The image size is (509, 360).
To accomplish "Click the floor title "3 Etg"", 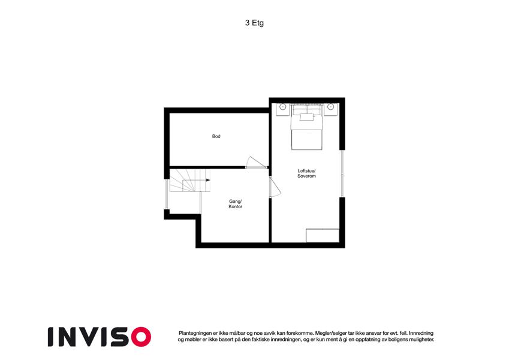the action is pos(254,23).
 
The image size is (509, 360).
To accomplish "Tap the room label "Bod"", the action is pos(216,136).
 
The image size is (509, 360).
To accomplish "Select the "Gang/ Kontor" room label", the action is pos(236,204).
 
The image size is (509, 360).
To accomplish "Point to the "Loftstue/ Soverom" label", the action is pos(306,173).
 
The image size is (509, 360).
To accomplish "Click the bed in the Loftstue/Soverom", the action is pos(306,127).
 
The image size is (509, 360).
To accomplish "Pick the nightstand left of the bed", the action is pos(282,109).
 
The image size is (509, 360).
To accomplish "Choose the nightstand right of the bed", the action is pos(330,109).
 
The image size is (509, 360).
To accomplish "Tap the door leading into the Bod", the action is pos(257,163).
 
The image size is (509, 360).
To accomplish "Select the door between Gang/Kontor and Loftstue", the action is pos(275,187).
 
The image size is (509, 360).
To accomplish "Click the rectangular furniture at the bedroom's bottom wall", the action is pos(323,236).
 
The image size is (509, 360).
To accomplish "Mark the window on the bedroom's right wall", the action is pos(342,173).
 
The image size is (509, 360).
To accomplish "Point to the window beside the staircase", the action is pos(167,194).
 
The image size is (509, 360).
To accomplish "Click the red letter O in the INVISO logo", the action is pos(141,337).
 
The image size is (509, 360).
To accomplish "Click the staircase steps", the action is pos(190,180).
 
